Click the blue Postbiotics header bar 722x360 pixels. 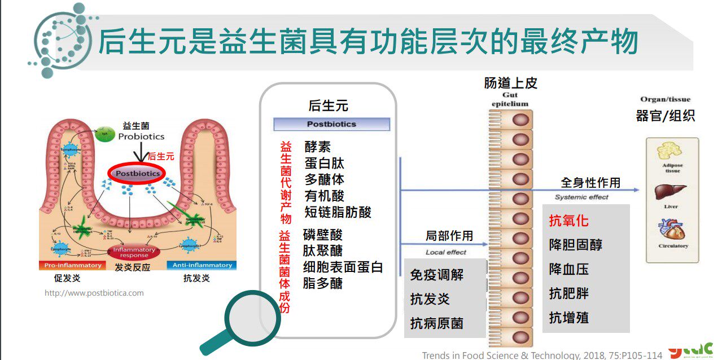(331, 124)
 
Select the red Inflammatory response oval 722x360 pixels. (134, 252)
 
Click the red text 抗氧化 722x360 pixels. (568, 221)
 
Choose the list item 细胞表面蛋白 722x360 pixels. (343, 267)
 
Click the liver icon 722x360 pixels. (670, 192)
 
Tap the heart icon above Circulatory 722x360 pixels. (671, 230)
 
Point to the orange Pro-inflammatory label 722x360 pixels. (71, 265)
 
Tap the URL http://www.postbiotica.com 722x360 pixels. (94, 293)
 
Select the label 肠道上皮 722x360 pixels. (510, 84)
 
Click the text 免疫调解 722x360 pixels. (437, 275)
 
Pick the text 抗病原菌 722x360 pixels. (437, 323)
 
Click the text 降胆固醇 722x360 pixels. (575, 245)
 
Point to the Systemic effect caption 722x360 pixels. (581, 197)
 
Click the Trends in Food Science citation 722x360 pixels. (542, 355)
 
